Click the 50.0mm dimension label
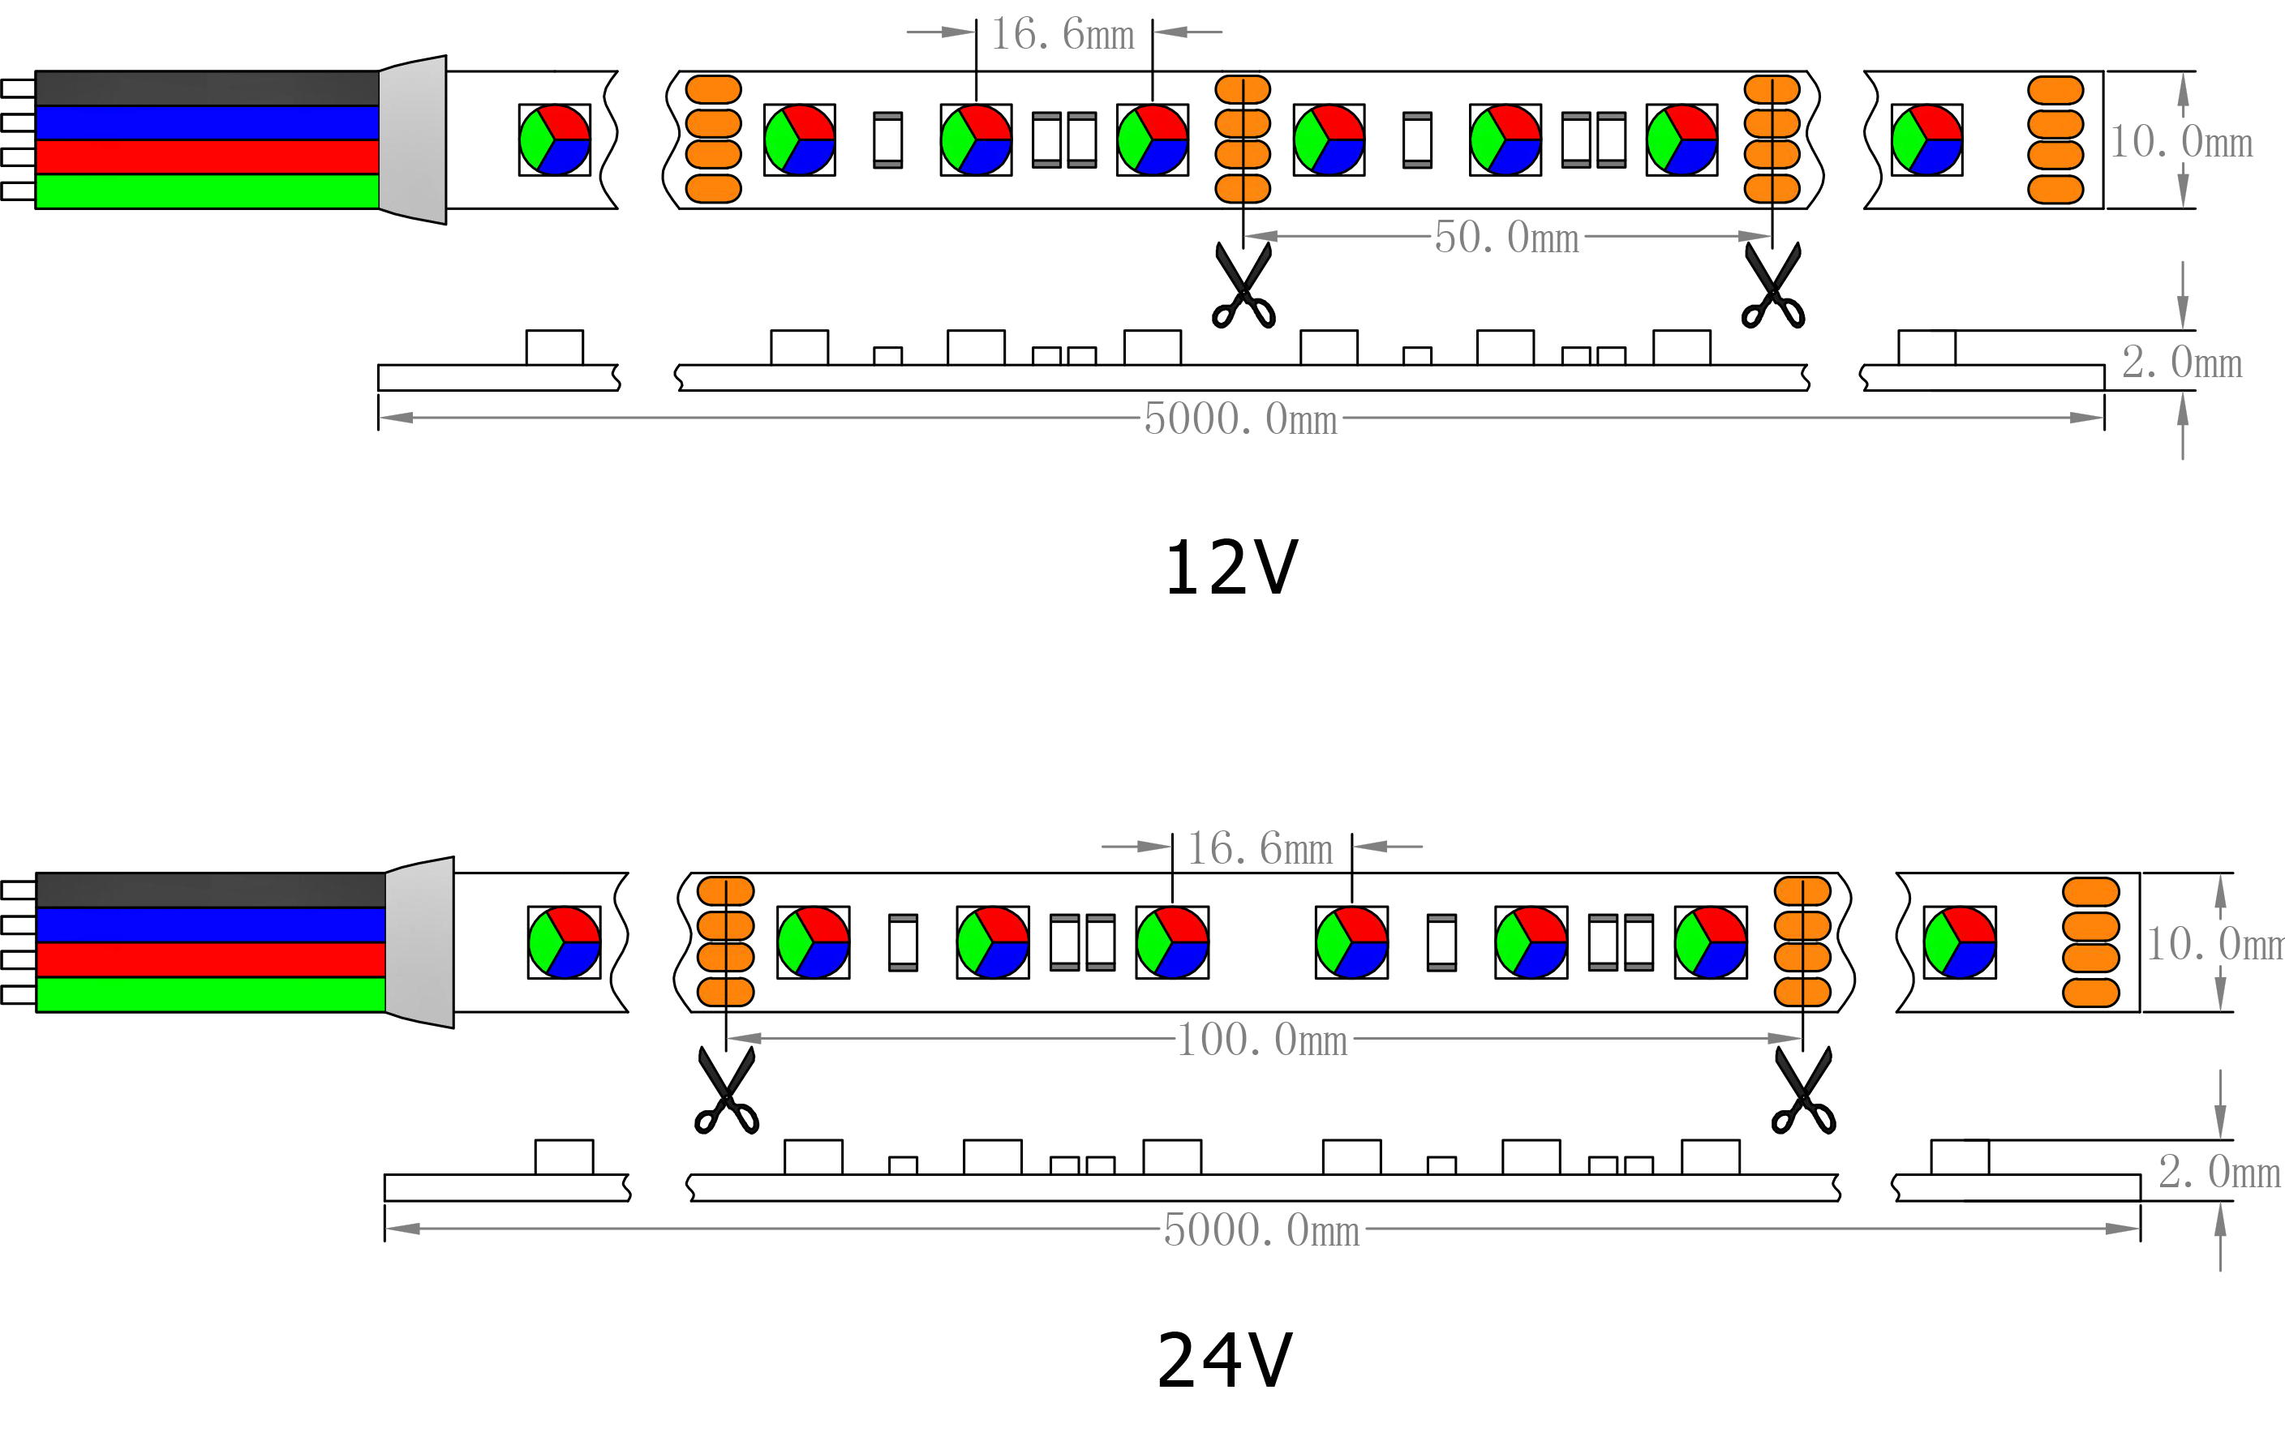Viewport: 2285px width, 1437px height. pos(1506,237)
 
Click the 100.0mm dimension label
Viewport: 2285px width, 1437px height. pos(1262,1040)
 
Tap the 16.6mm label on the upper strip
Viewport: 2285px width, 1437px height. pos(1063,35)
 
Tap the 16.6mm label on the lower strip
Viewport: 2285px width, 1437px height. pos(1261,848)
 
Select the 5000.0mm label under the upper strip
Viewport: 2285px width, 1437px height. pos(1239,418)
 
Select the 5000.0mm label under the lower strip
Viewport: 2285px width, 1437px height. pos(1261,1229)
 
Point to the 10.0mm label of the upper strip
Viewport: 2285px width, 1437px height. pos(2180,142)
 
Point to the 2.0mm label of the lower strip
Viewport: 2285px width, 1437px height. pos(2218,1172)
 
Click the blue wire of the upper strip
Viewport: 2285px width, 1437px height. pos(207,123)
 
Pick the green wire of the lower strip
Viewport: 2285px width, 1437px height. pos(211,994)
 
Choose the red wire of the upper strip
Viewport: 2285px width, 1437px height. pos(207,157)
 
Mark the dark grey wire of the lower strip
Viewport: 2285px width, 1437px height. pos(211,890)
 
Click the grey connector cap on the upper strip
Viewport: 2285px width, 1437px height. pos(413,140)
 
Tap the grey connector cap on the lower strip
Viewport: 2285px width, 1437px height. pos(420,942)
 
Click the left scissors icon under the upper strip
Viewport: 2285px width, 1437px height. pos(1243,286)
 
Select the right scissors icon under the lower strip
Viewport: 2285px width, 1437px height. pos(1803,1091)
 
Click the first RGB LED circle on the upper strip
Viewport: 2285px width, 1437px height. pos(555,140)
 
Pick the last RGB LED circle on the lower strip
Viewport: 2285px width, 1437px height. pos(1960,942)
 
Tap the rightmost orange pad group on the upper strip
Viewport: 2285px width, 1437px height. pos(2055,139)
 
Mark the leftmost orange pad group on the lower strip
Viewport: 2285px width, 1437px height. pos(726,941)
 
